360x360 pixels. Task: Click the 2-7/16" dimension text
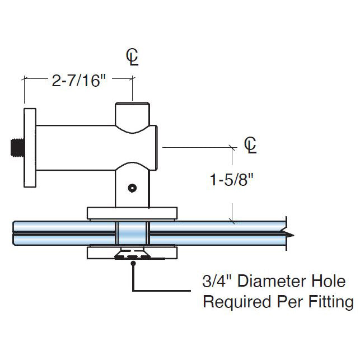[x=78, y=81]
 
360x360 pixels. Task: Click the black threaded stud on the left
[x=16, y=148]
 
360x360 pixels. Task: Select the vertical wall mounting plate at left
[x=29, y=148]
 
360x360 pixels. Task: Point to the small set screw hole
[x=132, y=189]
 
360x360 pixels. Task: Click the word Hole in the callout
[x=333, y=281]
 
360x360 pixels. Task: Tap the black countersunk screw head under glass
[x=132, y=256]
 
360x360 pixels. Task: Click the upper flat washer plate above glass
[x=132, y=213]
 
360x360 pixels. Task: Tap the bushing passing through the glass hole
[x=132, y=233]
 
